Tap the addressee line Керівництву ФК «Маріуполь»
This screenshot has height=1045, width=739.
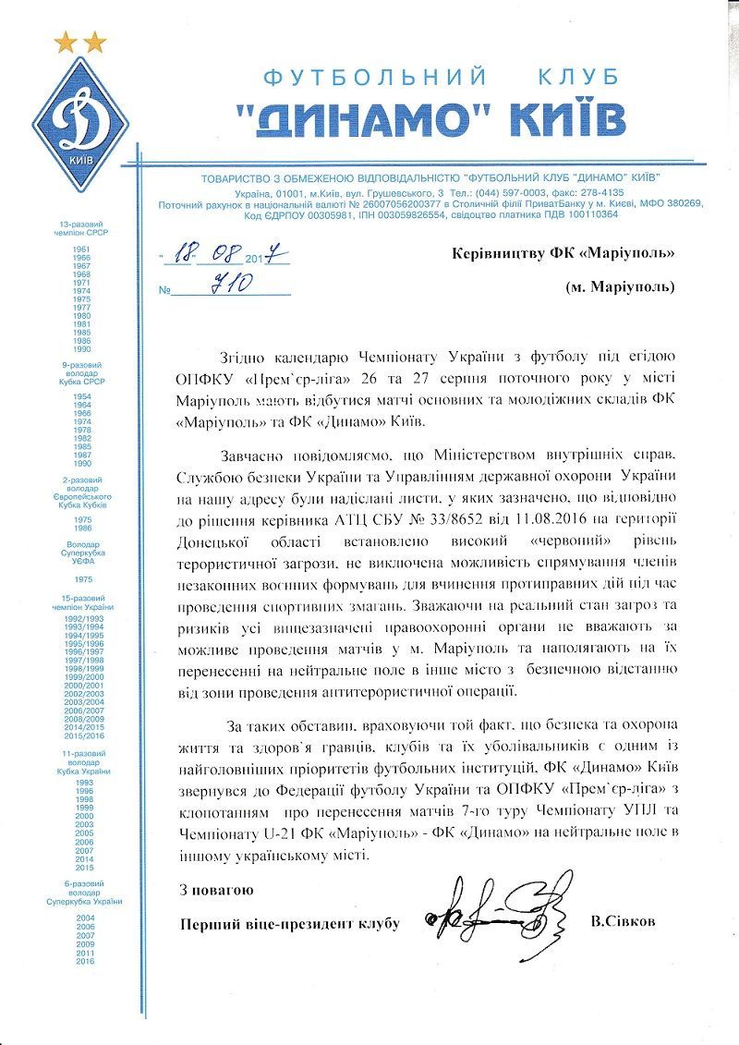(x=563, y=253)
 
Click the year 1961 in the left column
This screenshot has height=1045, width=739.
(x=82, y=250)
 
